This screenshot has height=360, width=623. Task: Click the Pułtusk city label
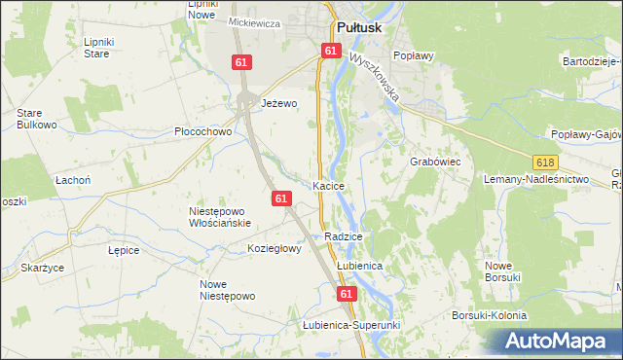point(361,28)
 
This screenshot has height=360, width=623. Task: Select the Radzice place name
point(344,236)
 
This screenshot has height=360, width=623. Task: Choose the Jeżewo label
point(278,102)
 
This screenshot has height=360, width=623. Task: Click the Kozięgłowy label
point(275,248)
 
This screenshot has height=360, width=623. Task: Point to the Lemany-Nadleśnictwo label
point(536,180)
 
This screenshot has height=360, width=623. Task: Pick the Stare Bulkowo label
point(36,119)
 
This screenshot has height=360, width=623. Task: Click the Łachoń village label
point(73,180)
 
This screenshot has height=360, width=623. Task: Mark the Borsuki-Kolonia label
point(489,315)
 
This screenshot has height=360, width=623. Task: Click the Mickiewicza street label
point(254,21)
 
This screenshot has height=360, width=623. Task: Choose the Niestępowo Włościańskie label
point(220,216)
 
